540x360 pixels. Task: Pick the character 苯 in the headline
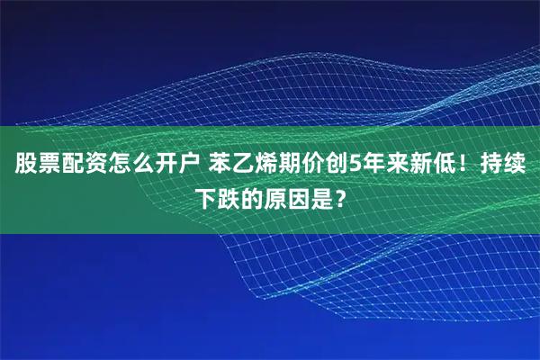(x=221, y=166)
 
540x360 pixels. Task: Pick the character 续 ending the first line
(x=515, y=166)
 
